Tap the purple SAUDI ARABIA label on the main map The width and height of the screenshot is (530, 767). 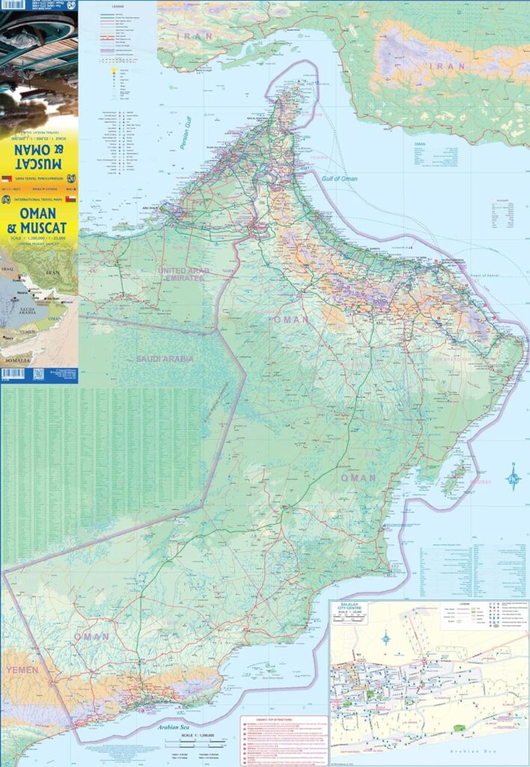tap(164, 359)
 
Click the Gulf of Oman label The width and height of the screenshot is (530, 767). tap(340, 179)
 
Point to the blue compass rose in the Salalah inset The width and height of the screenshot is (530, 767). tap(386, 638)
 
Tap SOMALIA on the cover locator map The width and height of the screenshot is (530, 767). tap(16, 360)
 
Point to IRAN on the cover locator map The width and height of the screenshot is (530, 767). tap(52, 273)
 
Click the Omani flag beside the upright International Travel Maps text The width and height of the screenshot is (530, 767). tap(70, 200)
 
